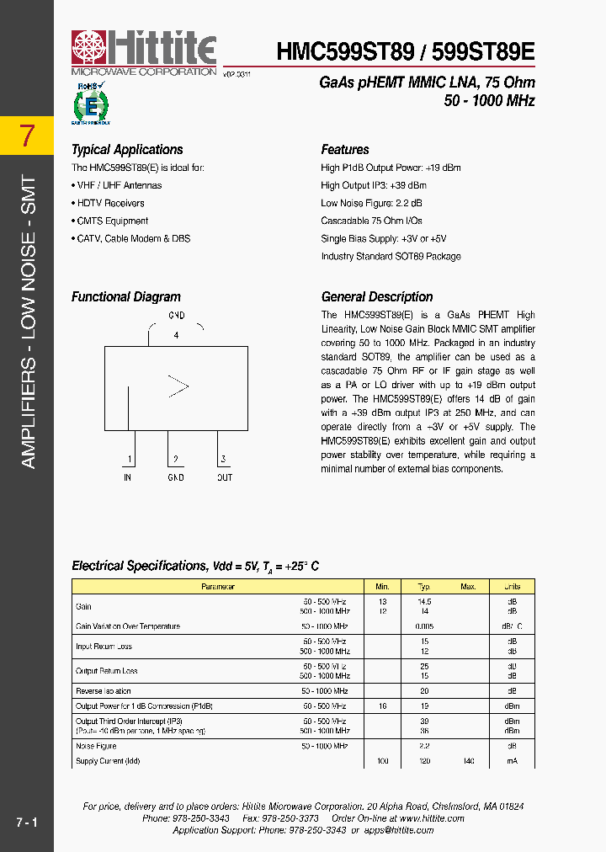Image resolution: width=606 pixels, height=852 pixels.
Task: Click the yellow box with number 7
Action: point(27,136)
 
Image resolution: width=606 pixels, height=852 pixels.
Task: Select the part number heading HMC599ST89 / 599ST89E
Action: point(406,52)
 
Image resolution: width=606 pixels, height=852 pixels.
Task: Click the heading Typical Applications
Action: point(127,150)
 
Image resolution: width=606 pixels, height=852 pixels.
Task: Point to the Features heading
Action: point(345,150)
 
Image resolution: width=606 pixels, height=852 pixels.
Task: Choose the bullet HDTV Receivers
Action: point(111,203)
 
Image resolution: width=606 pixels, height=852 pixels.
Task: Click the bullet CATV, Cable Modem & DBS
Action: point(134,238)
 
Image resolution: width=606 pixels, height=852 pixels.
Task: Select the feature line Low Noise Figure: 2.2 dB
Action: point(371,203)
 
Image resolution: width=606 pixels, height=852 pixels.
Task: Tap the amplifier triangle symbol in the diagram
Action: point(178,386)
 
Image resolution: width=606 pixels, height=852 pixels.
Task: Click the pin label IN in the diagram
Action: point(127,477)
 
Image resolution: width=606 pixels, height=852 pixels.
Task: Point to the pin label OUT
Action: point(224,477)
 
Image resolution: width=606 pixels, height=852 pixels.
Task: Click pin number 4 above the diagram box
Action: point(176,335)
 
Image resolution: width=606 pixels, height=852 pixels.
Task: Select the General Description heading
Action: point(377,297)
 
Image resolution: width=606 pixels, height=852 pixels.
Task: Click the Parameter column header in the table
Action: point(218,587)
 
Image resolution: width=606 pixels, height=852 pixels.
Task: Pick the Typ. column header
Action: point(425,587)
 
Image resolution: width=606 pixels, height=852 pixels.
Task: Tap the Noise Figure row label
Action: point(96,746)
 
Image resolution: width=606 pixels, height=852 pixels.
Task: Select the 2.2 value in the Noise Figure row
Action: point(425,746)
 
